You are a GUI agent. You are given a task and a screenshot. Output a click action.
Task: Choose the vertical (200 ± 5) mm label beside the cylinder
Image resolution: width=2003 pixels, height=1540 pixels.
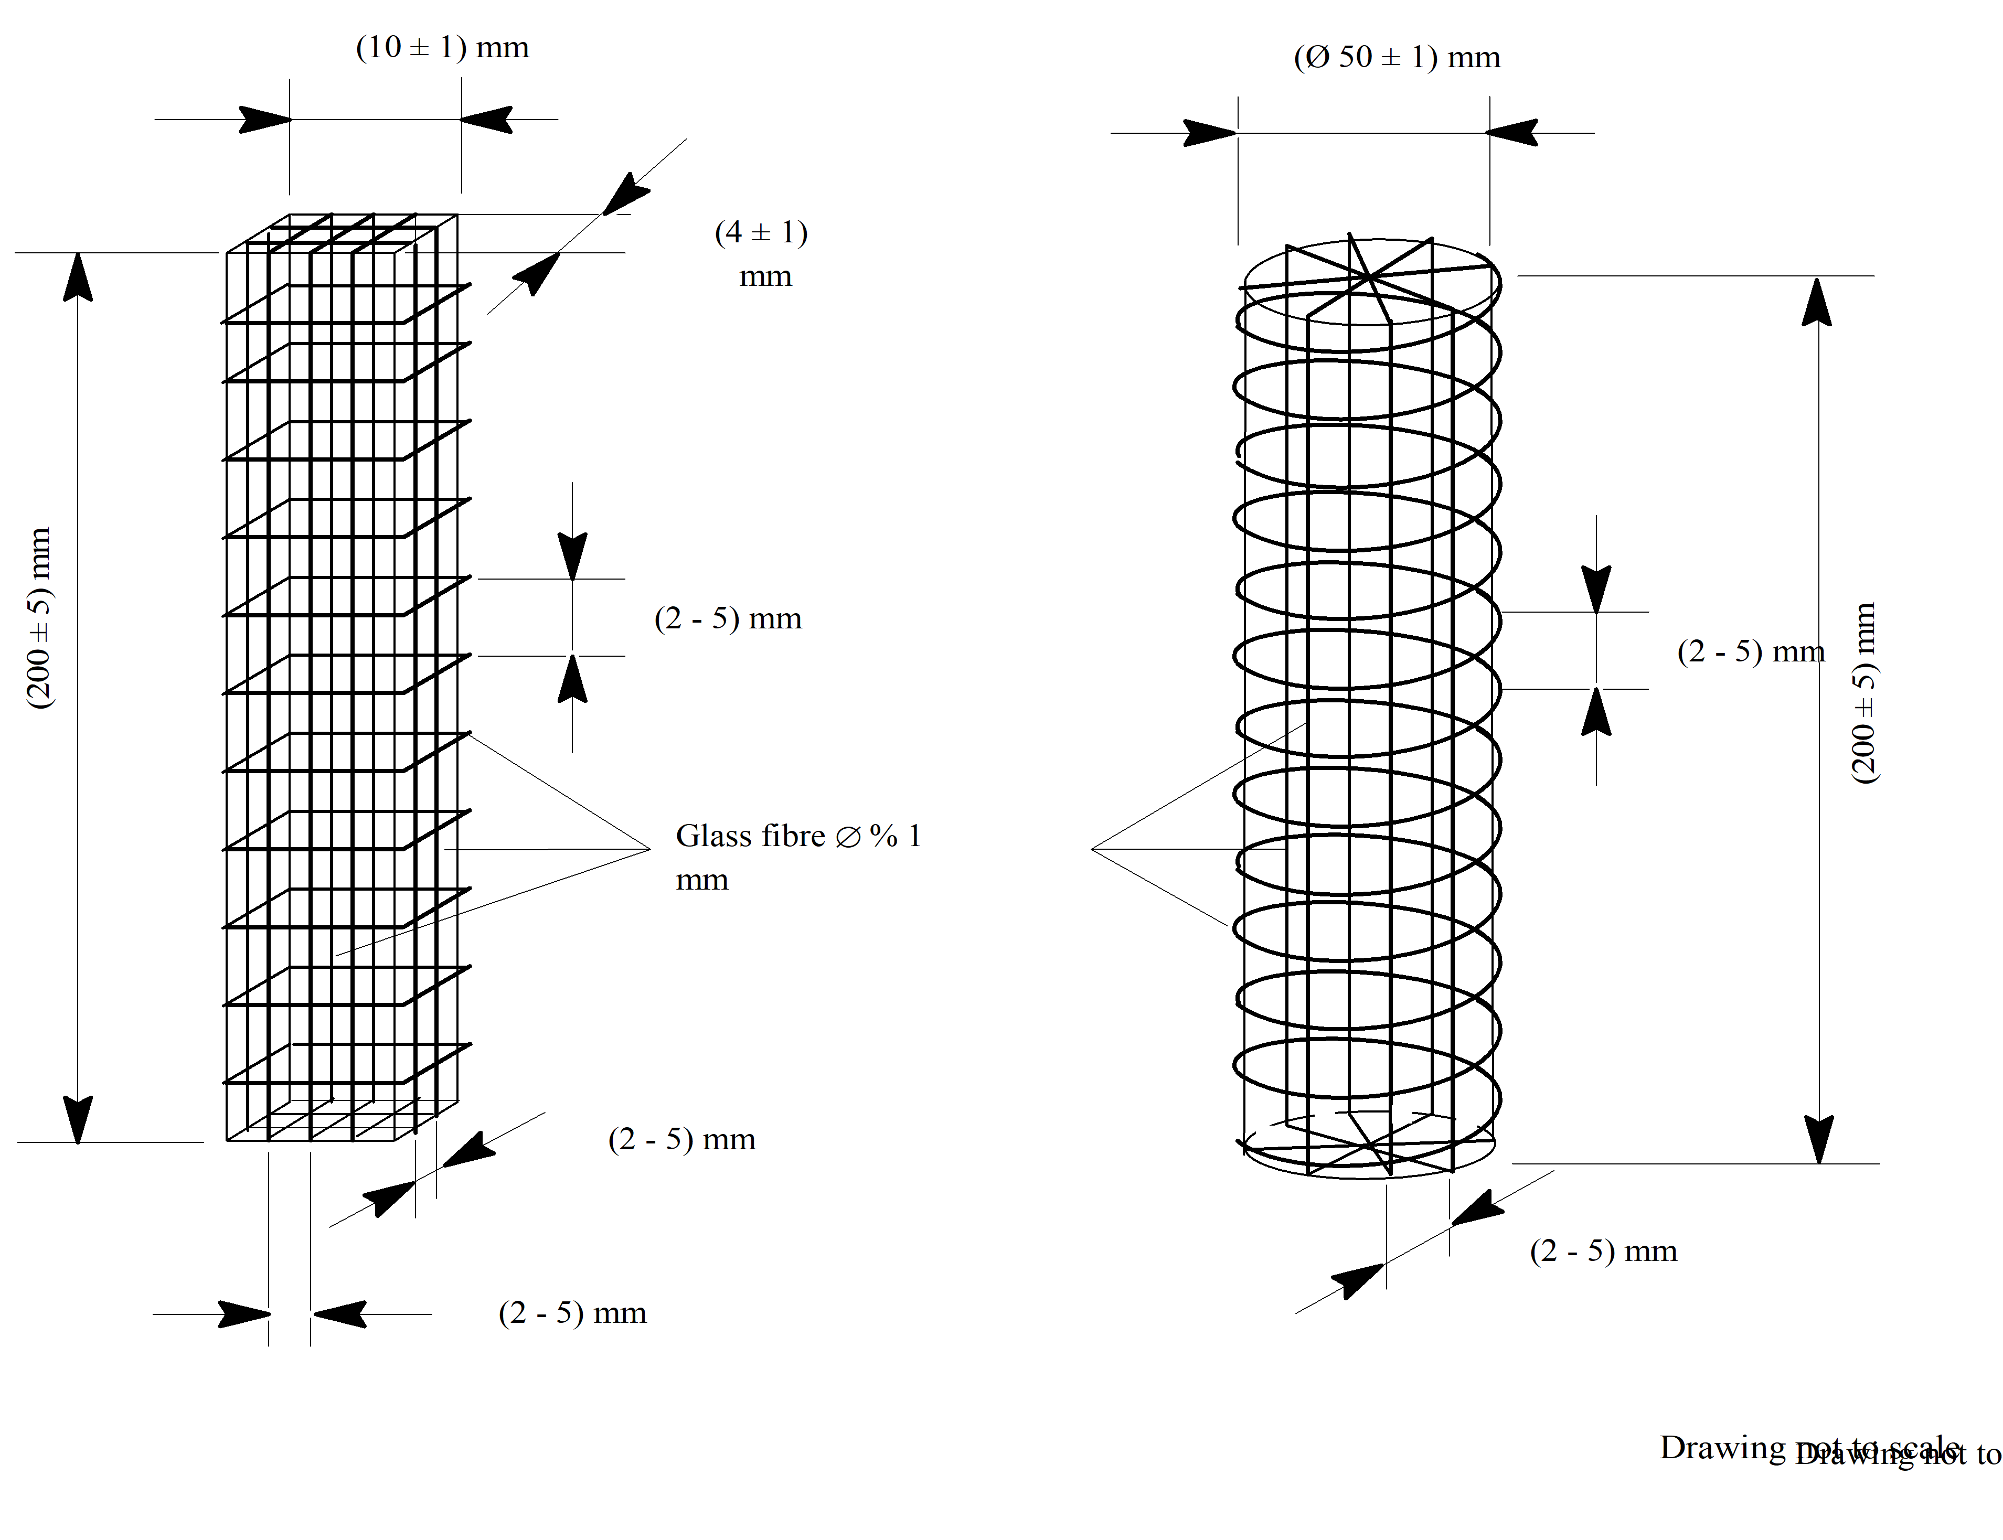point(1863,692)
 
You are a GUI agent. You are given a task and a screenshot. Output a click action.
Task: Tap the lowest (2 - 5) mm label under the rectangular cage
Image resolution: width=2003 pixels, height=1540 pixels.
point(572,1313)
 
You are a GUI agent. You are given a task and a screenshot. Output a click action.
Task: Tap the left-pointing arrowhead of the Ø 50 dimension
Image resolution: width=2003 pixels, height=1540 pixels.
point(1512,133)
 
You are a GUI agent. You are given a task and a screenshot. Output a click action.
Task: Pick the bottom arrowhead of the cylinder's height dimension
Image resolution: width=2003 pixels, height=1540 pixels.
point(1819,1139)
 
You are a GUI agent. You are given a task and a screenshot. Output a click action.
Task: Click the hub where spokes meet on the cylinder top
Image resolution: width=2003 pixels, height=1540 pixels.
point(1367,275)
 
